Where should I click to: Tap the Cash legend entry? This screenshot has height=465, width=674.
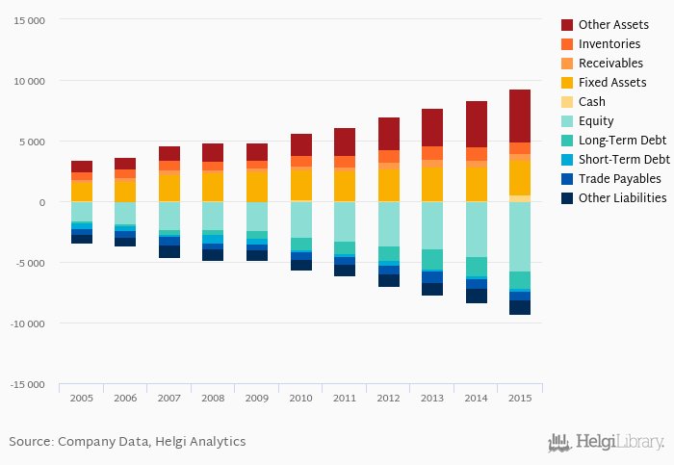592,101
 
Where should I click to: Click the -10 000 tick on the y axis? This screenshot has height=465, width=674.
26,323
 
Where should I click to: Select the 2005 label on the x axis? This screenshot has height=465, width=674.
82,398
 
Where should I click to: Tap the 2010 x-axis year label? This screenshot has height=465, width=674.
300,398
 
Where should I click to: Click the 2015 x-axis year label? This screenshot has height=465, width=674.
520,398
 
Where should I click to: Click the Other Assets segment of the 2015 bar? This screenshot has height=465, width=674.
520,116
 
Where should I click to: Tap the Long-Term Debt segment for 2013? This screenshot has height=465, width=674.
432,260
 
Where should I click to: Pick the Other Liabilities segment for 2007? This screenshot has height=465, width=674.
169,251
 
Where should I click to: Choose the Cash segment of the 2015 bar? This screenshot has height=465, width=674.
520,198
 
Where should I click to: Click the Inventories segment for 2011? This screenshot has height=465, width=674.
345,162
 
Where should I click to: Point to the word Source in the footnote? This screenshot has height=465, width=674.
30,442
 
